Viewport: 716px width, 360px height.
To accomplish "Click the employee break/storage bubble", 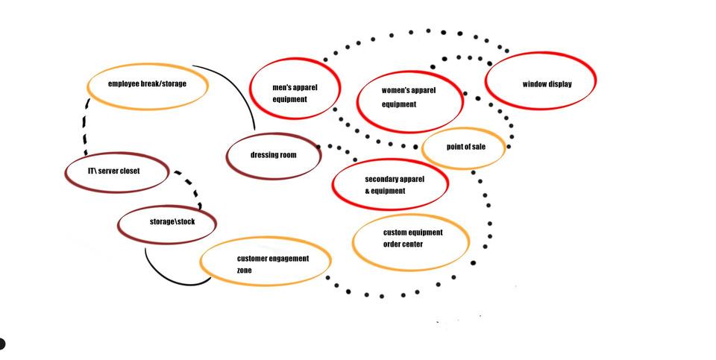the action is (147, 86).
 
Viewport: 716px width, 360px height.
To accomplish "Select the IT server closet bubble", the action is (117, 171).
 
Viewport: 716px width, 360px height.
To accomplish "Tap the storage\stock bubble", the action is (167, 223).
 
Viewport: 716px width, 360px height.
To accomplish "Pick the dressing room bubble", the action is (273, 155).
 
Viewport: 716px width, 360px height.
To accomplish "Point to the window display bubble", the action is (541, 81).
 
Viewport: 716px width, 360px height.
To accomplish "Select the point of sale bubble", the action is (463, 148).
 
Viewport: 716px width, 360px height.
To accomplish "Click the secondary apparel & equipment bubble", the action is (389, 185).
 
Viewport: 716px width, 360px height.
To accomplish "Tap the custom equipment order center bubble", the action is (410, 241).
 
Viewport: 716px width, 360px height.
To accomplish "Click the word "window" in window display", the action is (535, 84).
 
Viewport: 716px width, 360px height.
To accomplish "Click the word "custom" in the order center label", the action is (395, 233).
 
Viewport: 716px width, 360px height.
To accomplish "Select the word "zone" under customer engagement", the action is (245, 271).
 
